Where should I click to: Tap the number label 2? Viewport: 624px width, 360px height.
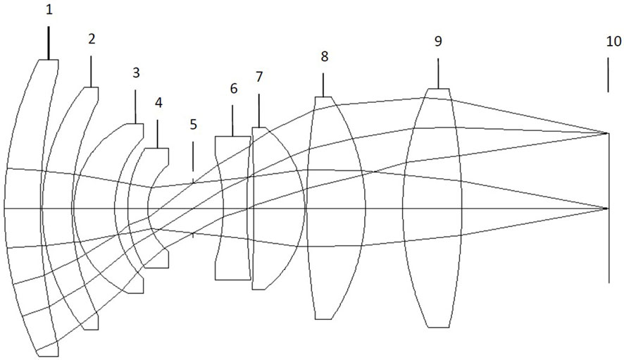pos(92,39)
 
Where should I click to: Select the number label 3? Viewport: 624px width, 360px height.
pos(136,73)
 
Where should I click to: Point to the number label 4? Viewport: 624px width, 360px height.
pos(158,103)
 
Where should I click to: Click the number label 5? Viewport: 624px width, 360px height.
pos(193,125)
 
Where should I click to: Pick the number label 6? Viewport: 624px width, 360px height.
pos(233,89)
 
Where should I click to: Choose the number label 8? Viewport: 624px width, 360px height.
pos(323,56)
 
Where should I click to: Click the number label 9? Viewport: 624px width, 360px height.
pos(438,42)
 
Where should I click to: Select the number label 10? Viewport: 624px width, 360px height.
pos(613,42)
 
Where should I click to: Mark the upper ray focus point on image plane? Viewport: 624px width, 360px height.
pos(607,132)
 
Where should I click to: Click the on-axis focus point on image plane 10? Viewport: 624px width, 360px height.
pos(607,209)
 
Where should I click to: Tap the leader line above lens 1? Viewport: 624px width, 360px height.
pos(49,43)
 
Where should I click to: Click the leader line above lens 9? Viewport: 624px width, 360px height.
pos(438,73)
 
